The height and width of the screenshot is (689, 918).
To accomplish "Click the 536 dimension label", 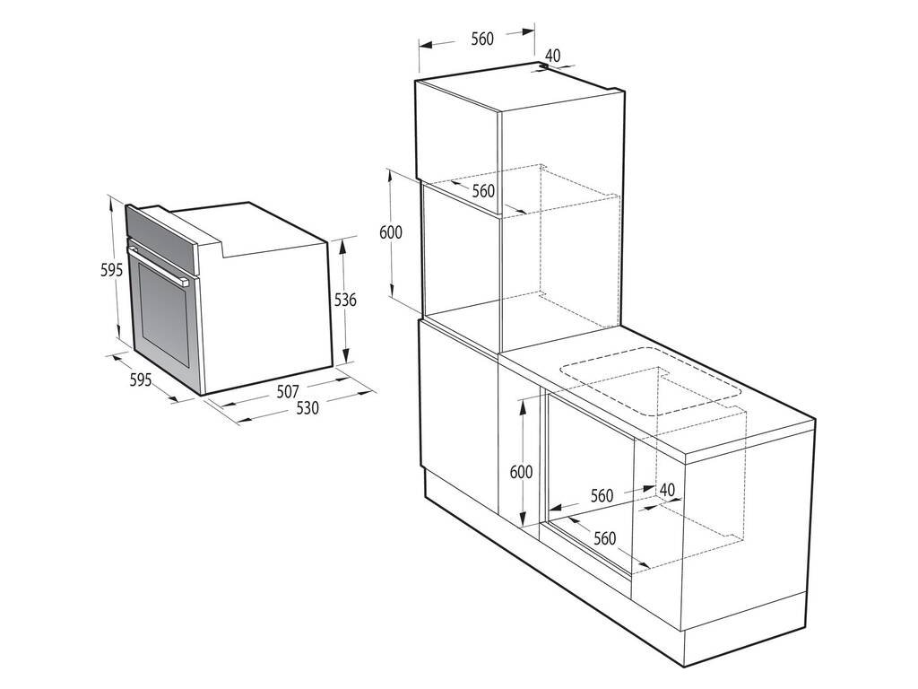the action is [345, 301].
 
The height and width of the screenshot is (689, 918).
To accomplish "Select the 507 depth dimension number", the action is [287, 392].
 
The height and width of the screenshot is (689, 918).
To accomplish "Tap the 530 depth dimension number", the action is [307, 407].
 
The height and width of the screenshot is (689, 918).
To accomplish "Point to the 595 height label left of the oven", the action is [111, 271].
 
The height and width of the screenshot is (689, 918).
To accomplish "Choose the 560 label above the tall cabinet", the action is [482, 39].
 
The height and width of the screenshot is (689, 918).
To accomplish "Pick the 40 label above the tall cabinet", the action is [552, 56].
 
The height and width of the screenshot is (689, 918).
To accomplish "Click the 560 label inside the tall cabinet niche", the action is [483, 191].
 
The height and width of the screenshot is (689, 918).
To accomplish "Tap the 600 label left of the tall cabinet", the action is [391, 232].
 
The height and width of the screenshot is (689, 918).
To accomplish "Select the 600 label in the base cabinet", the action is [522, 472].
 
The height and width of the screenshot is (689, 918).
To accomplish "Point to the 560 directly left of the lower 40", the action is [602, 495].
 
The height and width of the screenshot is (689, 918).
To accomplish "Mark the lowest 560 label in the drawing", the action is [605, 538].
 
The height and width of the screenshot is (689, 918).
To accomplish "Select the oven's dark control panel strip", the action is [161, 231].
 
